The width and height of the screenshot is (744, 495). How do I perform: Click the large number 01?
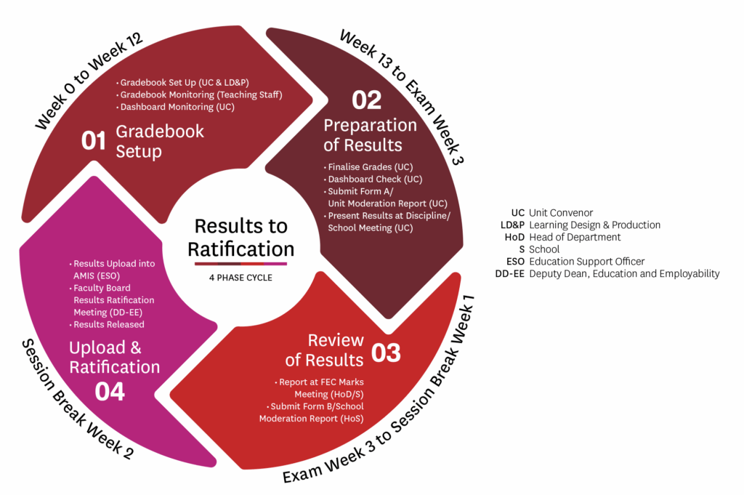tap(93, 140)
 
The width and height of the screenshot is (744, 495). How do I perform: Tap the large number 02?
tap(366, 100)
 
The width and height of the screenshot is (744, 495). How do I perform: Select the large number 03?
tap(386, 353)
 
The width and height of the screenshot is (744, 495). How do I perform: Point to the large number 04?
tap(110, 392)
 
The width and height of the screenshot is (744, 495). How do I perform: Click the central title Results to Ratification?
tap(241, 237)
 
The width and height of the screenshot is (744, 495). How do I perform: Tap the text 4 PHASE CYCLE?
tap(240, 278)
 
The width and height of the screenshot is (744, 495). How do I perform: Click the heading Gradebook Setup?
tap(160, 141)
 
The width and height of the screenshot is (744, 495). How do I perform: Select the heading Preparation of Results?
tap(370, 134)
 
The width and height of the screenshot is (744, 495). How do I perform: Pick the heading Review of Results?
tap(325, 350)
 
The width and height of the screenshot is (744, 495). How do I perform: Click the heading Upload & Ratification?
tap(114, 357)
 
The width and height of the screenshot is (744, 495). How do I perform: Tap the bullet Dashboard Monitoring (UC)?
tap(176, 108)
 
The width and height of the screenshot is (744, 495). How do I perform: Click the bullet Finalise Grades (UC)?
tap(368, 167)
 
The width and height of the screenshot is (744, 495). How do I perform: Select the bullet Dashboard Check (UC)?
tap(373, 180)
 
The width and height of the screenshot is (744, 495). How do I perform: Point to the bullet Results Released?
tap(107, 325)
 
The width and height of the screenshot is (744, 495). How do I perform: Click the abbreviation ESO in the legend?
tap(515, 262)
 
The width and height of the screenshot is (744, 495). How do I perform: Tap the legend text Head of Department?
tap(575, 237)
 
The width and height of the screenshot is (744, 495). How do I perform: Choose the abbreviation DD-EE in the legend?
tap(509, 274)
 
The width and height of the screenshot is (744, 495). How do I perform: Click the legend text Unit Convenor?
tap(561, 213)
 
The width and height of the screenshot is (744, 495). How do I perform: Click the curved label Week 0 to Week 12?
tap(88, 81)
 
